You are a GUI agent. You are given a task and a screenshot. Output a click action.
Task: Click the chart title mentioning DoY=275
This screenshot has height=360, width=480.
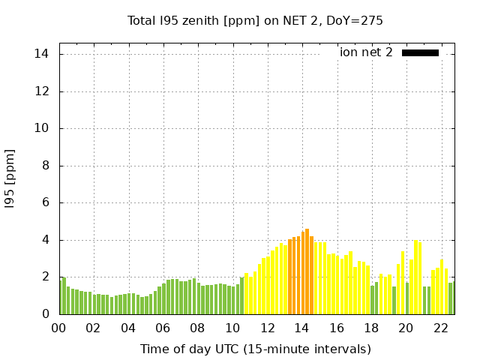pyautogui.click(x=255, y=20)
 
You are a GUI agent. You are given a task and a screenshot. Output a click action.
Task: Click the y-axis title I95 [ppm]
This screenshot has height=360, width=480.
pyautogui.click(x=10, y=178)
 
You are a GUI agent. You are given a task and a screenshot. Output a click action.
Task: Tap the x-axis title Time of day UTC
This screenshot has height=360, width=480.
pyautogui.click(x=255, y=349)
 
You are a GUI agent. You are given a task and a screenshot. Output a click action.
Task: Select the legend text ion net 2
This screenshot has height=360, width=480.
pyautogui.click(x=366, y=52)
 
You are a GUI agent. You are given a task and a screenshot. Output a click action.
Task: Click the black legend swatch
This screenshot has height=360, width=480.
pyautogui.click(x=420, y=52)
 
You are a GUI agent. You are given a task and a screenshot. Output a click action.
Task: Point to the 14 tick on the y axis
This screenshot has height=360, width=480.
pyautogui.click(x=42, y=54)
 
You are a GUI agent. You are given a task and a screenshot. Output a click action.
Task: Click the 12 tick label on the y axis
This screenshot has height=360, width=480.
pyautogui.click(x=42, y=91)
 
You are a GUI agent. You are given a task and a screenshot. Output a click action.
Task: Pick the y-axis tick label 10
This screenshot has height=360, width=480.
pyautogui.click(x=42, y=128)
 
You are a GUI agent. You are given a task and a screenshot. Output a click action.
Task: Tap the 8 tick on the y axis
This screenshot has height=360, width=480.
pyautogui.click(x=46, y=166)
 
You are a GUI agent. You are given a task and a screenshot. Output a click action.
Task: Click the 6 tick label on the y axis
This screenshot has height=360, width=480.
pyautogui.click(x=46, y=202)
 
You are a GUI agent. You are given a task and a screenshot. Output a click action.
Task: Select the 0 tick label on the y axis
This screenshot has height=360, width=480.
pyautogui.click(x=46, y=314)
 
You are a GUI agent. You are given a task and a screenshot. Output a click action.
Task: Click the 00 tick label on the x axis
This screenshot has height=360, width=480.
pyautogui.click(x=59, y=328)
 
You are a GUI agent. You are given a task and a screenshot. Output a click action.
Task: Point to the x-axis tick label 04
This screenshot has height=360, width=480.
pyautogui.click(x=128, y=328)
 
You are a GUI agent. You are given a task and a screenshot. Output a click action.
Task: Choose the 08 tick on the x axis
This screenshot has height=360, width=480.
pyautogui.click(x=198, y=328)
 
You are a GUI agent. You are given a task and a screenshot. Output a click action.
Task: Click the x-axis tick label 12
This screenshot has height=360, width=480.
pyautogui.click(x=267, y=328)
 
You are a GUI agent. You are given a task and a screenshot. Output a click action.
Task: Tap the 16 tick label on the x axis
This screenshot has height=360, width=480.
pyautogui.click(x=337, y=328)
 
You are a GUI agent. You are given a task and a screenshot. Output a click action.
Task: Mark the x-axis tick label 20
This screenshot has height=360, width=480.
pyautogui.click(x=406, y=328)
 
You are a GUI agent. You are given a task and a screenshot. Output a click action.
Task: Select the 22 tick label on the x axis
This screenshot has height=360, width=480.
pyautogui.click(x=440, y=328)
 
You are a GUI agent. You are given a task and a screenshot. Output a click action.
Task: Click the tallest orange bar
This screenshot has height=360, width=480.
pyautogui.click(x=307, y=271)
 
